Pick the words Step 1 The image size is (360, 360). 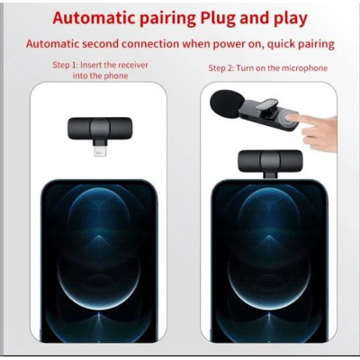point(65,65)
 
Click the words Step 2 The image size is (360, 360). point(221,68)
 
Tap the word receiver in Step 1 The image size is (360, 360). point(133,65)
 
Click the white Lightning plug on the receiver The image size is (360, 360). point(100,151)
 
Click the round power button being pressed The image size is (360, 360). point(287,120)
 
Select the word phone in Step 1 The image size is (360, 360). point(115,76)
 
